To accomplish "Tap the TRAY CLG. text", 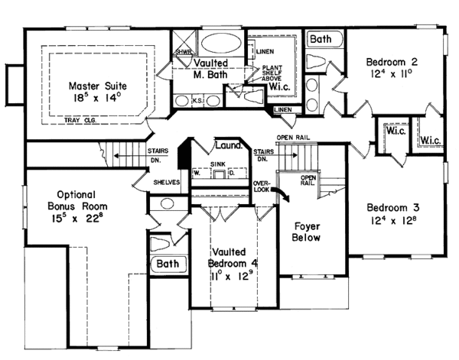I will coord(121,120).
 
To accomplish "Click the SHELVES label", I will coord(166,183).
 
